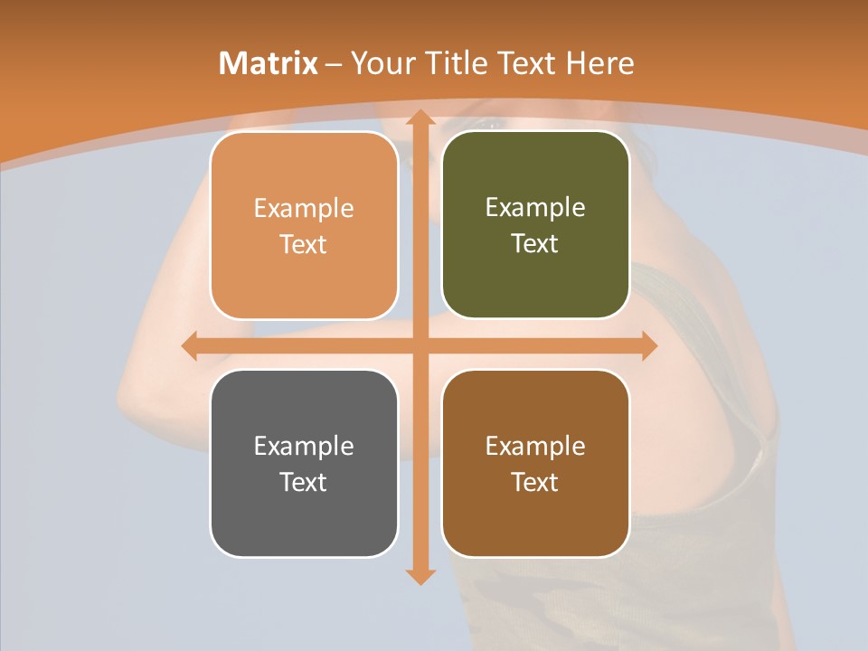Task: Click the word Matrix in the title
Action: (268, 63)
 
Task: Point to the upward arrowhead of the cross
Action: (420, 118)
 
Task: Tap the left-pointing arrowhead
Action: (190, 345)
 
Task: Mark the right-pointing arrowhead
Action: (648, 345)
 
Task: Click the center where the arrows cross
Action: (420, 345)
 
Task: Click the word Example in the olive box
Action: (535, 207)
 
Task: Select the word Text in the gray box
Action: (304, 482)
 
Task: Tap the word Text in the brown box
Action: (535, 482)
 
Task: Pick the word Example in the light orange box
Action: (304, 208)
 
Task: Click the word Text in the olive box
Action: (535, 243)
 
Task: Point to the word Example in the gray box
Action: (304, 446)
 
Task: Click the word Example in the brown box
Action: (535, 446)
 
